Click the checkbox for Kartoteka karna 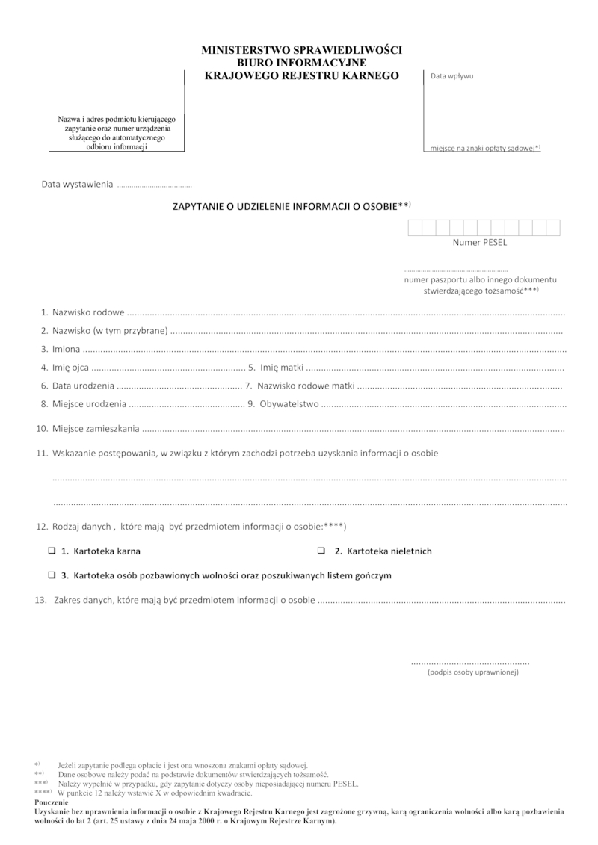coord(51,551)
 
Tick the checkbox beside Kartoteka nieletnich coord(321,551)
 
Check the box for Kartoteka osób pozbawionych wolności coord(51,576)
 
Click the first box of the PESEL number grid coord(414,229)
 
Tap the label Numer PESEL coord(479,243)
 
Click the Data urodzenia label coord(82,386)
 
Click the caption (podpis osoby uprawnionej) coord(473,672)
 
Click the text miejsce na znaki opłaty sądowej coord(482,149)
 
